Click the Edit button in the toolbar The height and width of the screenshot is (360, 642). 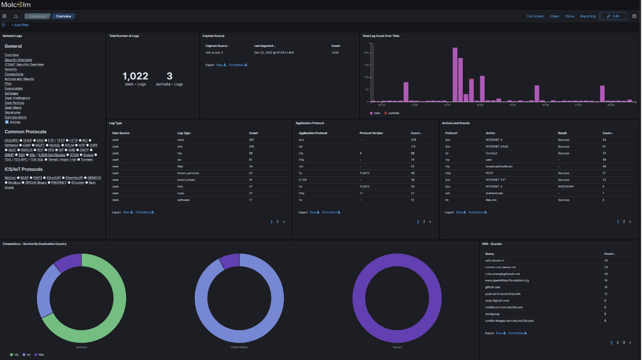point(613,16)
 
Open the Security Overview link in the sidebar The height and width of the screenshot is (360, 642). point(18,60)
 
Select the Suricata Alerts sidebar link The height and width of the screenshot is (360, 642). point(16,117)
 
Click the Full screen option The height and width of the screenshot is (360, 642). point(535,17)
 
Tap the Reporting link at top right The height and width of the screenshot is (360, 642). point(588,17)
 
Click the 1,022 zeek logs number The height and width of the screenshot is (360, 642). point(135,76)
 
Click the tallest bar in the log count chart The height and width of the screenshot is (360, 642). point(455,74)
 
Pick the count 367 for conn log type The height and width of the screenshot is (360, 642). point(251,140)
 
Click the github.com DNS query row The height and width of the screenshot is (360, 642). point(493,287)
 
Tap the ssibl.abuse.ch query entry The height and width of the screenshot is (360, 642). point(494,261)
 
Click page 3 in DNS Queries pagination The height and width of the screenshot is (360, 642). point(624,343)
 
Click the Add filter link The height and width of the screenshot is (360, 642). point(20,25)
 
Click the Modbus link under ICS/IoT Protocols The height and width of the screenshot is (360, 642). point(14,182)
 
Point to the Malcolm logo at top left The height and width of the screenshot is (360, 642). point(16,4)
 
